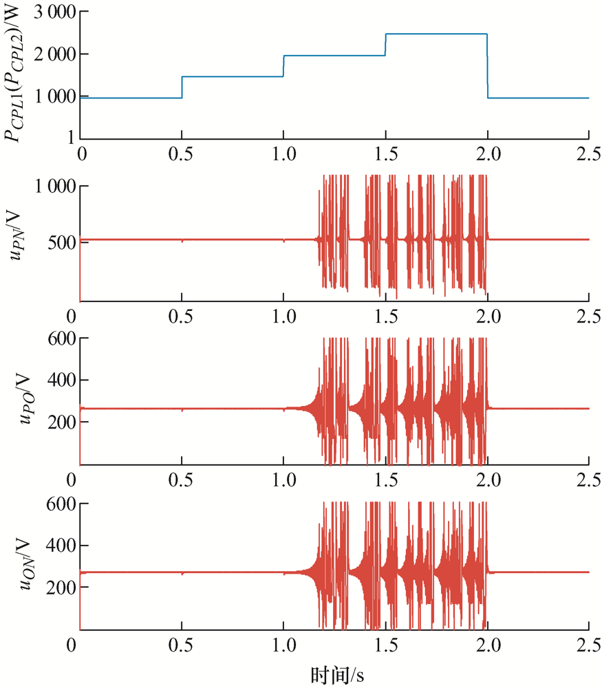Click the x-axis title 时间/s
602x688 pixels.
click(337, 676)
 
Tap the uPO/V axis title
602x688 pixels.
click(25, 398)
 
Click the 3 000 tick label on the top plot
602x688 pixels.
click(55, 12)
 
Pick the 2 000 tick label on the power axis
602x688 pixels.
click(55, 54)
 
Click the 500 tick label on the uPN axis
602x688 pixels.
click(62, 242)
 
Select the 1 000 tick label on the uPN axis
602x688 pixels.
click(55, 186)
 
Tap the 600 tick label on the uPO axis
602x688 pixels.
click(62, 338)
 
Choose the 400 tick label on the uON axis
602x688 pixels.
click(62, 546)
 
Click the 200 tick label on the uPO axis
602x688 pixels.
click(62, 422)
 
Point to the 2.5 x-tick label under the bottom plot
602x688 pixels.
click(588, 645)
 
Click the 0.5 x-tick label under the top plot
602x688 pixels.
click(181, 154)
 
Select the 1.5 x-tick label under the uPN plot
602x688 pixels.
click(386, 316)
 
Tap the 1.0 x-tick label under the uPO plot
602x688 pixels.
click(284, 480)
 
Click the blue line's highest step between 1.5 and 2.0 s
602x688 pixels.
click(436, 34)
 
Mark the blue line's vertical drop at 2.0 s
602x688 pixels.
click(488, 66)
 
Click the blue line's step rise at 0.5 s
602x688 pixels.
click(182, 87)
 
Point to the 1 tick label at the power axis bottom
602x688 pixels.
click(72, 138)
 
